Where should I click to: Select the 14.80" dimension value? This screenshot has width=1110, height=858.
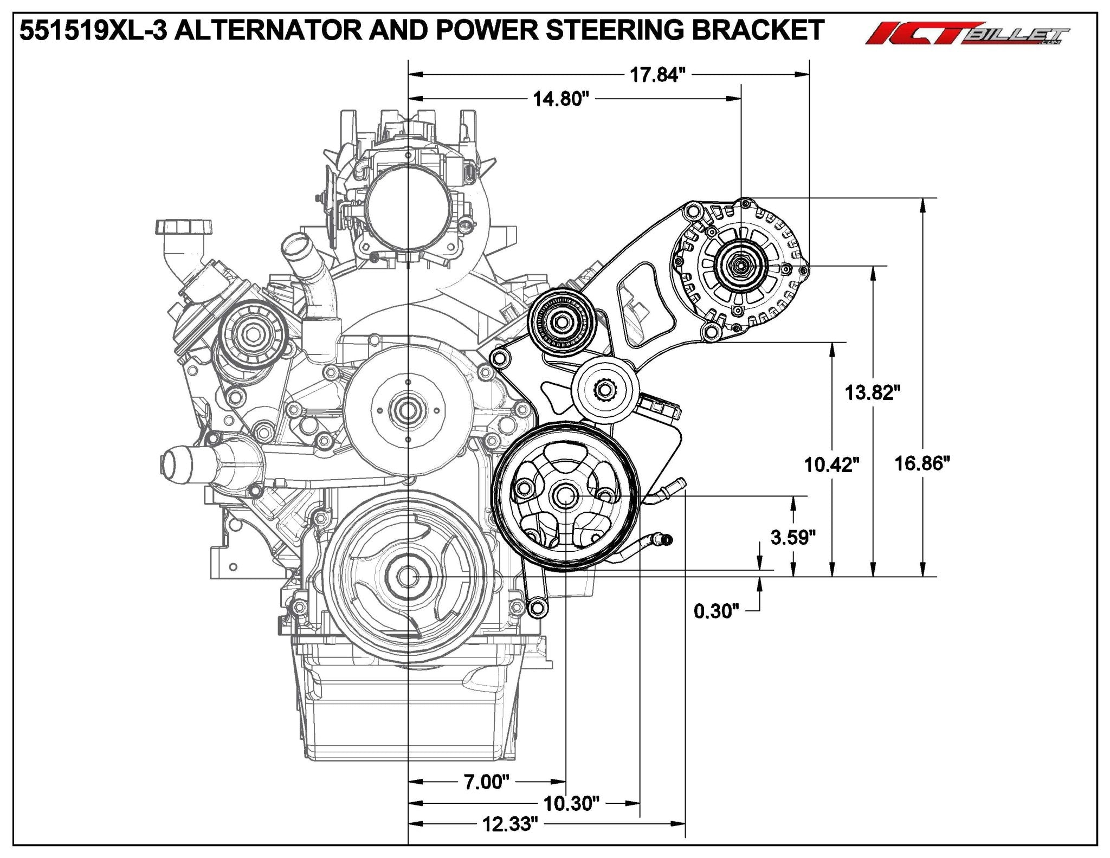point(560,99)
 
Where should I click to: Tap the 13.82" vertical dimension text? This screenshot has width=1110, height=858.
point(873,392)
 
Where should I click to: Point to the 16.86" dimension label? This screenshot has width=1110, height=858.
point(922,463)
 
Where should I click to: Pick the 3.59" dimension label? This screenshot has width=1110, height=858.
point(793,537)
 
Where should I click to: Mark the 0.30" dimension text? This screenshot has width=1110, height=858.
point(717,611)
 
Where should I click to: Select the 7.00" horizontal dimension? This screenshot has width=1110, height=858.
point(486,782)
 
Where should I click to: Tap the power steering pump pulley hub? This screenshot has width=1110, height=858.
point(564,496)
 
